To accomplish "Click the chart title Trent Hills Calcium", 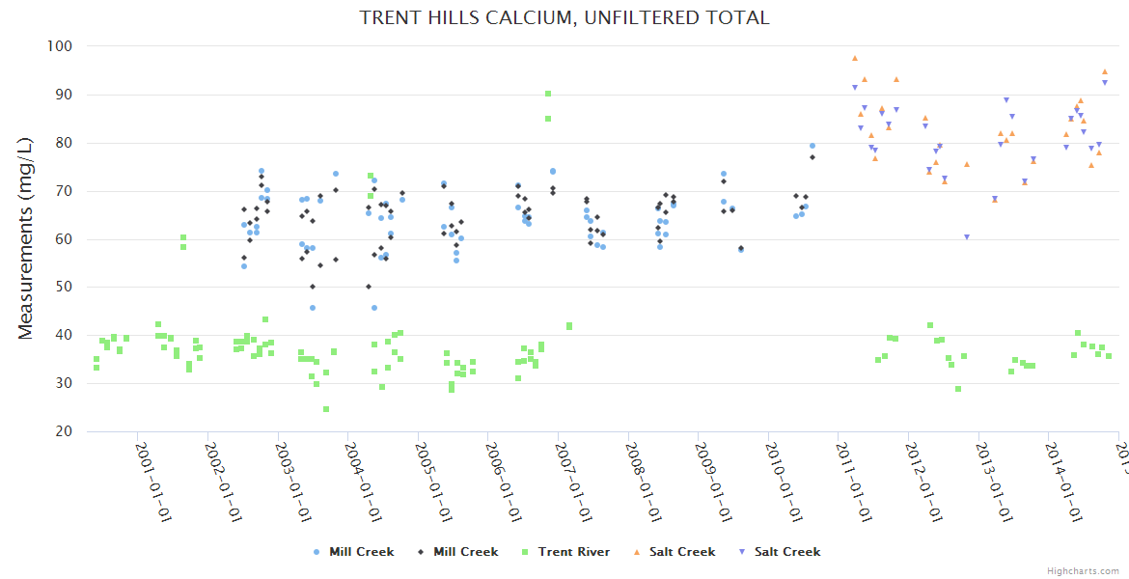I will [564, 17].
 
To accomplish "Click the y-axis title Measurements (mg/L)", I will [26, 238].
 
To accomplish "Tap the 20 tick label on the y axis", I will [65, 431].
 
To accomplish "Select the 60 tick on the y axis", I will [65, 239].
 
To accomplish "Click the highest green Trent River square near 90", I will [548, 94].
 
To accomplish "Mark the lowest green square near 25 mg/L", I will [326, 409].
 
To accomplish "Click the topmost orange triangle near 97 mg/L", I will [855, 58].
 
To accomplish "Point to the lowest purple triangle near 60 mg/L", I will [966, 237].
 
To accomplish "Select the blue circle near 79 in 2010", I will [812, 146].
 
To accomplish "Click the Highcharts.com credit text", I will [1083, 570].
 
